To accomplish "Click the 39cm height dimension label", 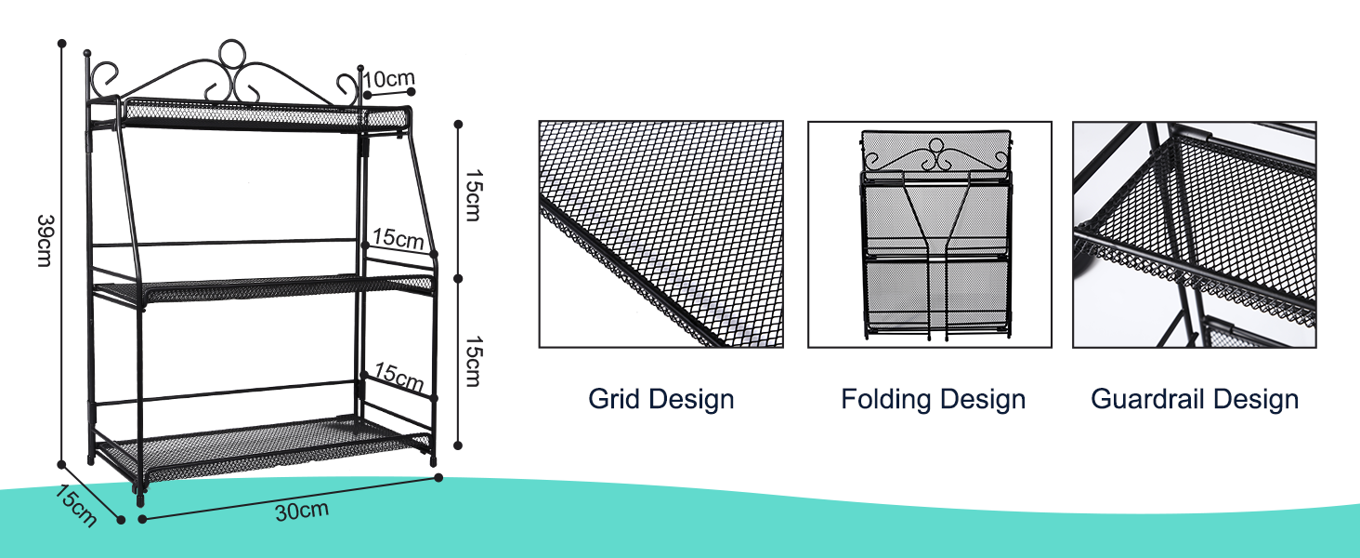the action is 44,240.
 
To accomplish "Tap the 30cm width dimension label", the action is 301,511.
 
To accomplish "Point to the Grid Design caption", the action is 660,400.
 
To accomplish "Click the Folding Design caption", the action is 933,400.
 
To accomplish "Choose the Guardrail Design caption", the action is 1194,400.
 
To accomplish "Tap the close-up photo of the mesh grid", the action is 660,234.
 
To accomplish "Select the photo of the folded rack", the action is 930,234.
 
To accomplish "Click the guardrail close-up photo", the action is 1194,234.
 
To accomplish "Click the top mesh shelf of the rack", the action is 265,114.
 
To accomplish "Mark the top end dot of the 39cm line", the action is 61,43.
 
